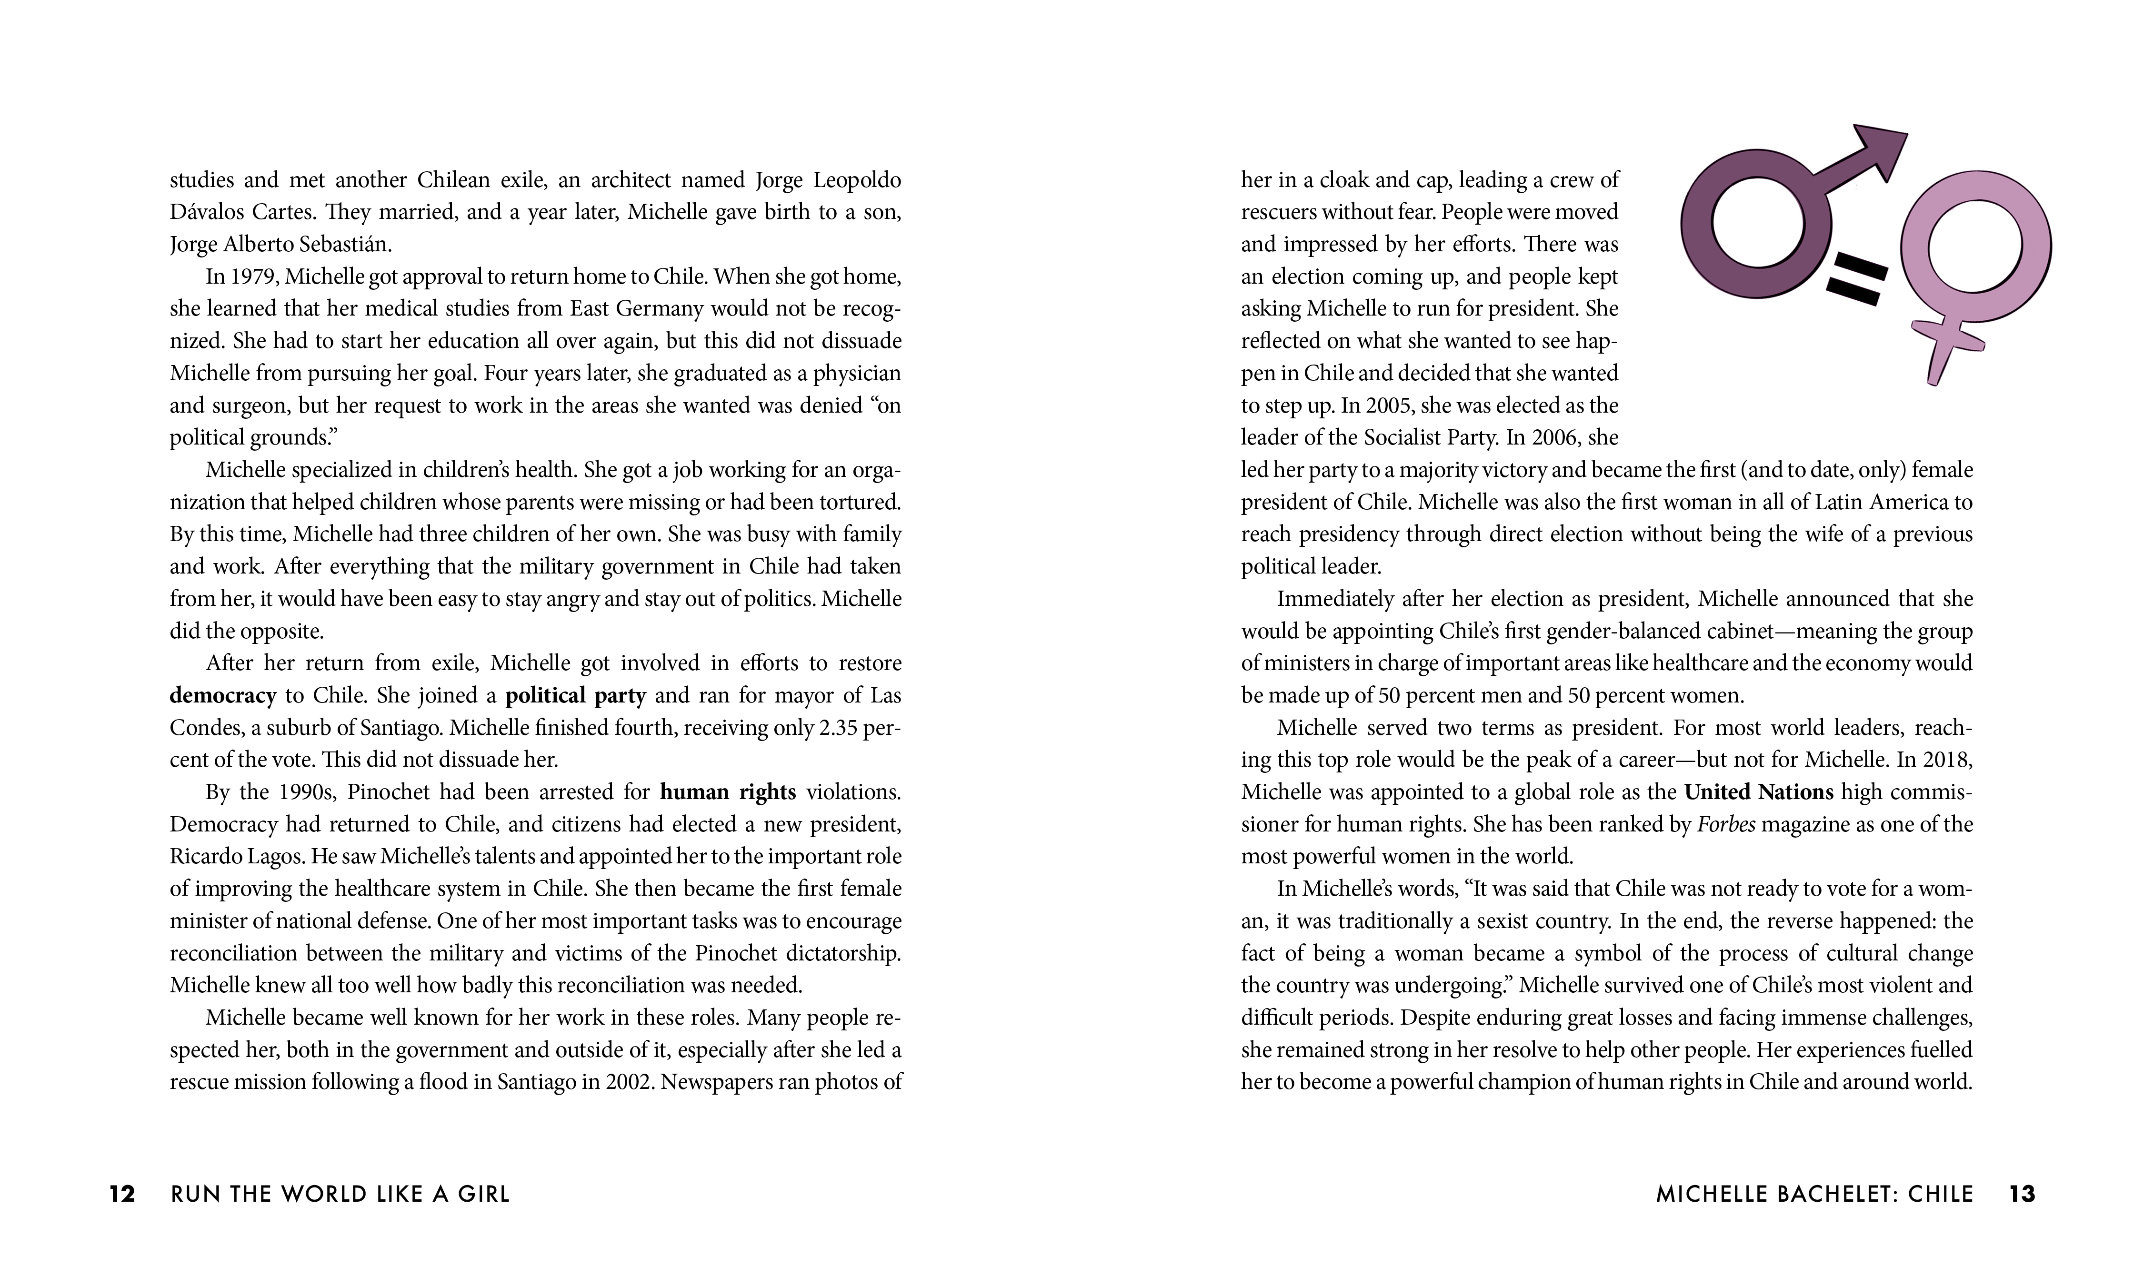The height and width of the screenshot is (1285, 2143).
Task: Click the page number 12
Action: point(122,1194)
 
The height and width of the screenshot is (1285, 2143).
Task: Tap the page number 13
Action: point(2022,1194)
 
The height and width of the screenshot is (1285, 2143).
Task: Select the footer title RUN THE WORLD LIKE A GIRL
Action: point(340,1194)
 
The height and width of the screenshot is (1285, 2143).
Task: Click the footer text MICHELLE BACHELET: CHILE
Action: point(1815,1194)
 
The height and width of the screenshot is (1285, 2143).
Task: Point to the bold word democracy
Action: point(222,695)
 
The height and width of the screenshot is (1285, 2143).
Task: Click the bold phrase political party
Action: point(575,695)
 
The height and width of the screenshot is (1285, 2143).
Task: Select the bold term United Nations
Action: point(1758,791)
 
